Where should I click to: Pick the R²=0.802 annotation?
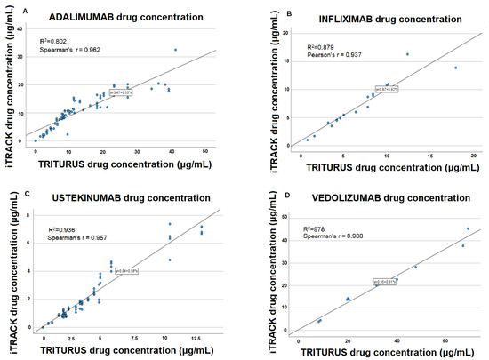pos(55,41)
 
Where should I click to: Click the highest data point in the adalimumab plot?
pos(175,50)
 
